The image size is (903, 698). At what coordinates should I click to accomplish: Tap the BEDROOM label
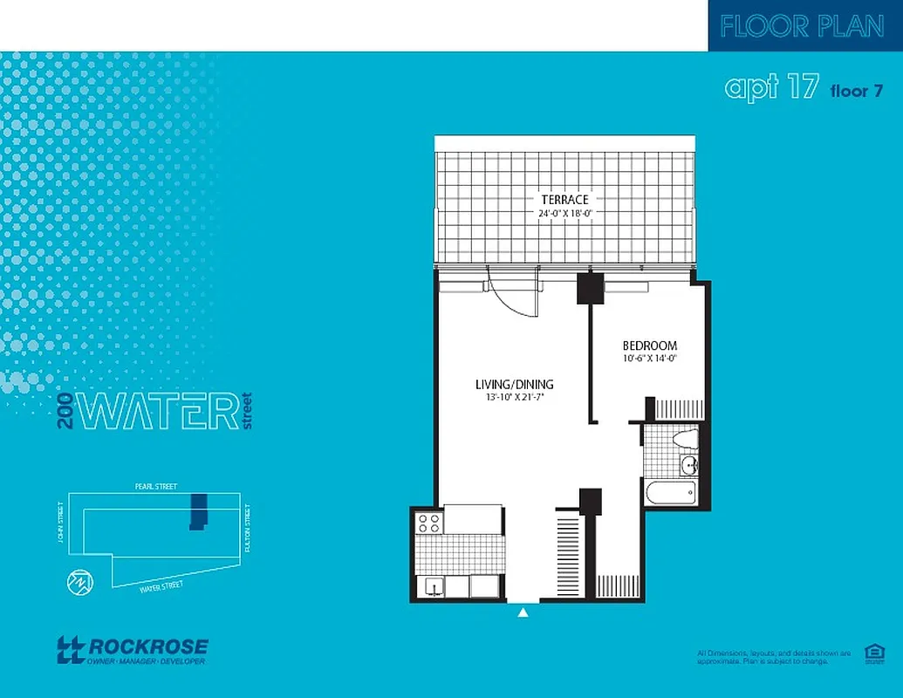pyautogui.click(x=649, y=346)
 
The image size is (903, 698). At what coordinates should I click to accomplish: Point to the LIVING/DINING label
pyautogui.click(x=514, y=384)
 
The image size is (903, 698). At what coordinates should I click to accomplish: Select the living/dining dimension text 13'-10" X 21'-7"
pyautogui.click(x=514, y=398)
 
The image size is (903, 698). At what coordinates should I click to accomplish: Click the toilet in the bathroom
pyautogui.click(x=688, y=437)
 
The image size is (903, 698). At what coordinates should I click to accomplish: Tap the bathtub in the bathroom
pyautogui.click(x=670, y=493)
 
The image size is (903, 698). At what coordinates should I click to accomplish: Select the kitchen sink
pyautogui.click(x=432, y=586)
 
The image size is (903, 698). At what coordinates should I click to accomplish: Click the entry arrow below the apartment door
pyautogui.click(x=523, y=613)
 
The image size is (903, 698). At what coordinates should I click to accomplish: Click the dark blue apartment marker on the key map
pyautogui.click(x=199, y=510)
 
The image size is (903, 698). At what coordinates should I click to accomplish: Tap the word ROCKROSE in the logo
pyautogui.click(x=147, y=647)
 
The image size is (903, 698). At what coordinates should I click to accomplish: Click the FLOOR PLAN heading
pyautogui.click(x=803, y=26)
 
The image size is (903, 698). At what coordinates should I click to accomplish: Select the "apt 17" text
pyautogui.click(x=771, y=88)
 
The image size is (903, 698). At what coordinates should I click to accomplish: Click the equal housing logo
pyautogui.click(x=872, y=654)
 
